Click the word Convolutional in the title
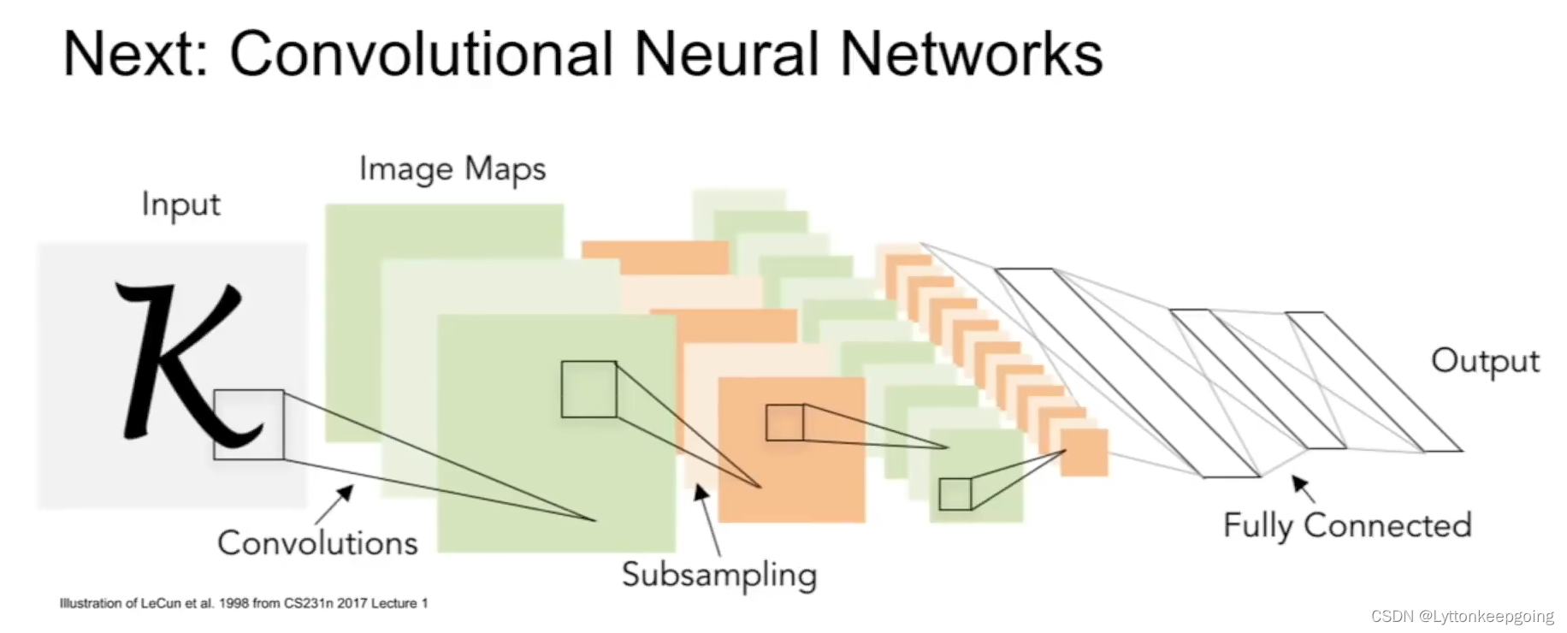click(422, 54)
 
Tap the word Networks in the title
click(971, 54)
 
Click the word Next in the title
click(135, 54)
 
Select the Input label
click(180, 205)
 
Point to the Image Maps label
click(452, 169)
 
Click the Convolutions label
click(317, 543)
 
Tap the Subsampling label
click(718, 575)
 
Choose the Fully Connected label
click(1347, 525)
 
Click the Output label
click(1485, 361)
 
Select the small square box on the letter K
click(249, 425)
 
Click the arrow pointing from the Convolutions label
click(334, 504)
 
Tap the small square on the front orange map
click(784, 423)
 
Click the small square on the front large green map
click(588, 389)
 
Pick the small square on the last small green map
click(955, 494)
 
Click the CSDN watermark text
click(1462, 616)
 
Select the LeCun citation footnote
click(244, 603)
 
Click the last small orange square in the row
click(1085, 453)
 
